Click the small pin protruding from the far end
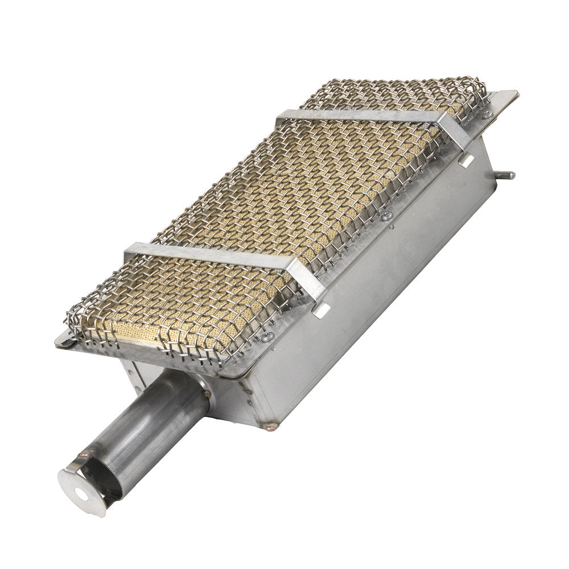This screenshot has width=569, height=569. [x=506, y=175]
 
